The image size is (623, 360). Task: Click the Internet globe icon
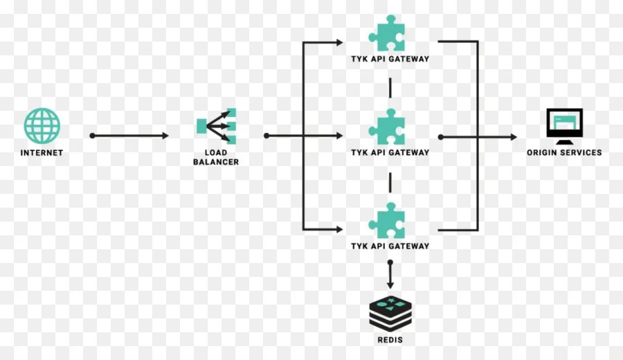(42, 125)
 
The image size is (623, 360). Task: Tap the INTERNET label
(42, 153)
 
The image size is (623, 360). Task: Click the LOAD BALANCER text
(216, 157)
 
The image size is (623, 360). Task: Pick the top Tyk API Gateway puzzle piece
(387, 33)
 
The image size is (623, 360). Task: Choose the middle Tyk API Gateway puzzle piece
(387, 127)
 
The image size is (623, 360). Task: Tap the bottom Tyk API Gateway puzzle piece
(387, 220)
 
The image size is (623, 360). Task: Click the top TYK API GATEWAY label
(390, 60)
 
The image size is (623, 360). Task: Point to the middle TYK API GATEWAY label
(390, 153)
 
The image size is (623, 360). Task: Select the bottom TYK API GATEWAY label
(390, 246)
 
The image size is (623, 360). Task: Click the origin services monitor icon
(564, 125)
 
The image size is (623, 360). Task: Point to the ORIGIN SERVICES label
(564, 153)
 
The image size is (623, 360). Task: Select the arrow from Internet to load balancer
(130, 136)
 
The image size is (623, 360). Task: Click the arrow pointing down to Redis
(390, 276)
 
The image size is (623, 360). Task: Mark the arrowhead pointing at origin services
(512, 137)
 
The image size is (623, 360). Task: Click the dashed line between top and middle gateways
(390, 88)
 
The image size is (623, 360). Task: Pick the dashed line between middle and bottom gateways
(390, 181)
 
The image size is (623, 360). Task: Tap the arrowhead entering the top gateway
(339, 43)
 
